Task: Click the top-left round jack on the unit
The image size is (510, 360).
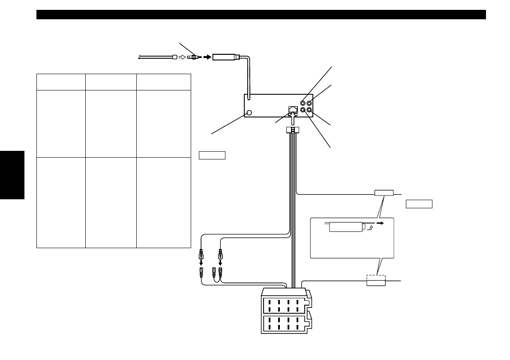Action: click(x=303, y=103)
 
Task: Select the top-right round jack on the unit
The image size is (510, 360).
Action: click(x=309, y=103)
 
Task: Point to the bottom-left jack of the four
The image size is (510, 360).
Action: click(x=303, y=110)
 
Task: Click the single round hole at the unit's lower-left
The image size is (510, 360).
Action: click(x=250, y=113)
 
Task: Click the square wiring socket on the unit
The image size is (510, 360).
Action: click(x=292, y=109)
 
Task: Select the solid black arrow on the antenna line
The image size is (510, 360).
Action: click(x=207, y=56)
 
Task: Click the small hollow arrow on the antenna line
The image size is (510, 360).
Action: click(x=182, y=56)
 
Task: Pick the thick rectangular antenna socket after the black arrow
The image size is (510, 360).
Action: click(x=227, y=56)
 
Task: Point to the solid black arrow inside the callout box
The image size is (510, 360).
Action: click(x=379, y=223)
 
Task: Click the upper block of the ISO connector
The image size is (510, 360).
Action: click(x=285, y=305)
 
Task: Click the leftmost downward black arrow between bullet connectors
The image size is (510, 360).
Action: click(x=201, y=262)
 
